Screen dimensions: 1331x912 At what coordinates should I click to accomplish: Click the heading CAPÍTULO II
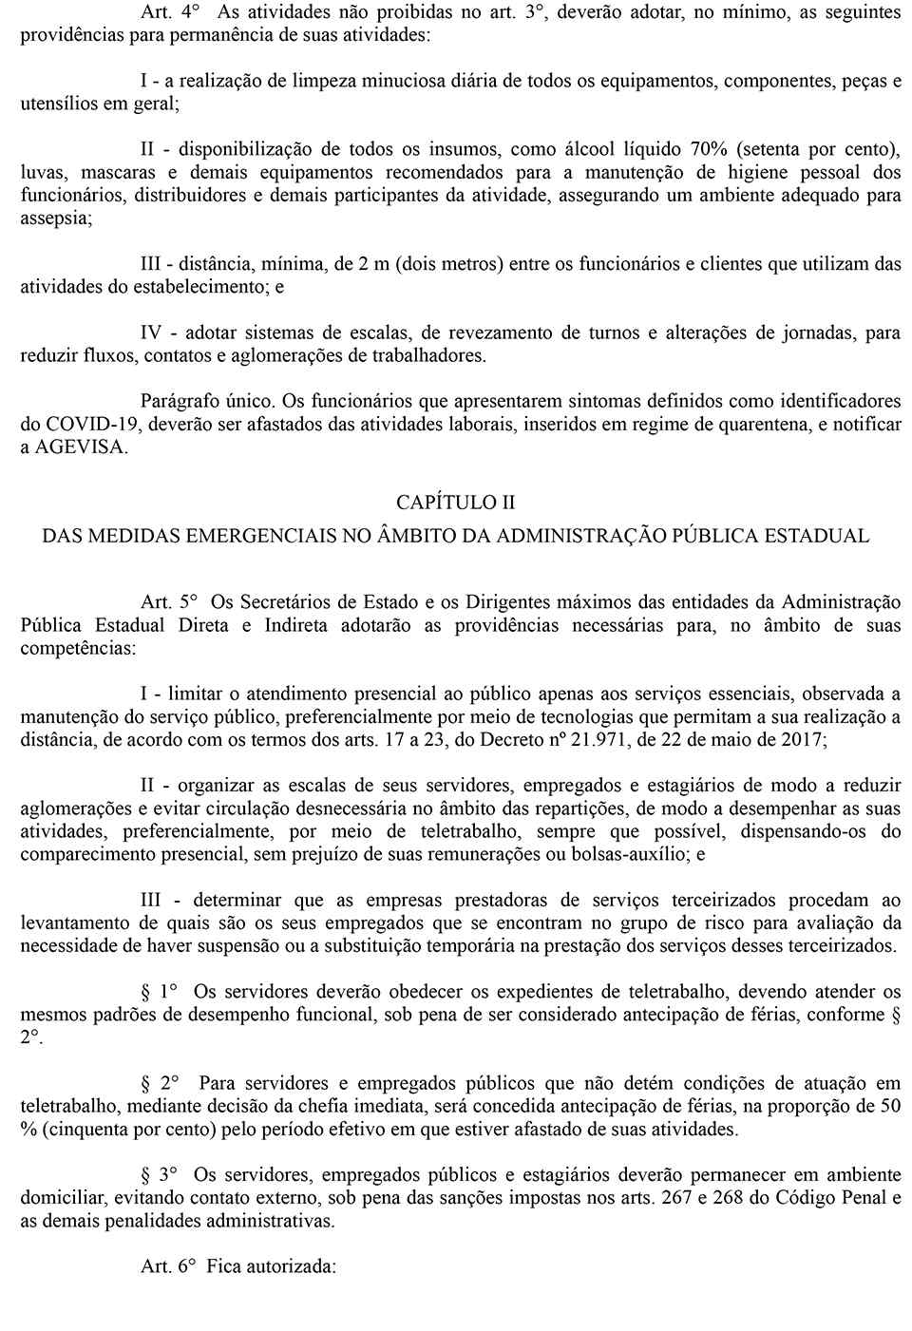coord(456,502)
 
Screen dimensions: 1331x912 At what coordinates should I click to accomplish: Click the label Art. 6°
coord(168,1266)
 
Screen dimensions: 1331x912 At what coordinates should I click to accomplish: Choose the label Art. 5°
coord(169,601)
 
